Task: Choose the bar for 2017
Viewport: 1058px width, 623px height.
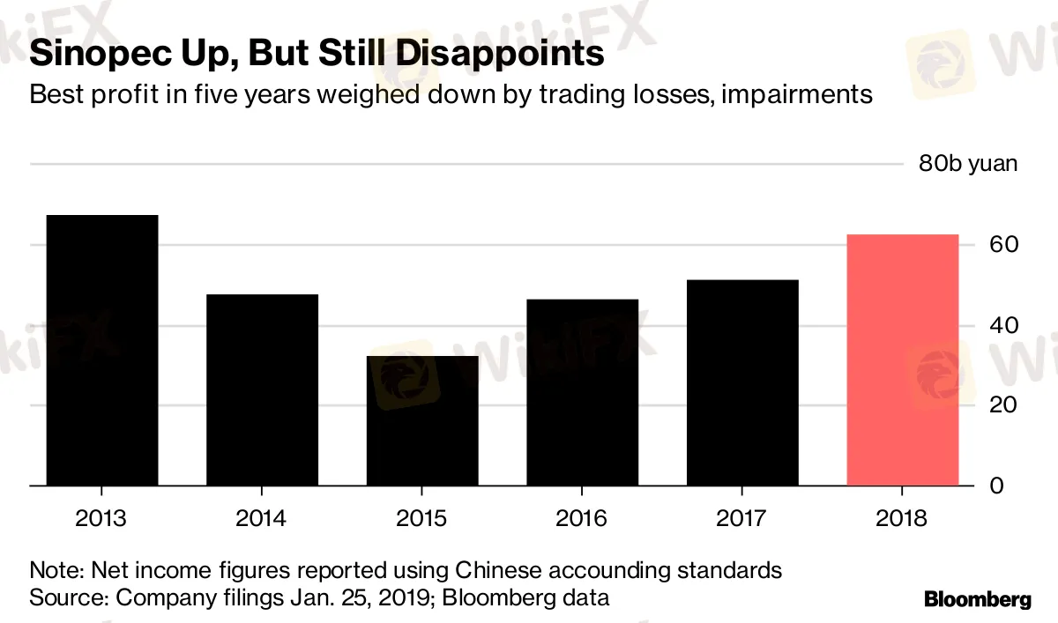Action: (742, 382)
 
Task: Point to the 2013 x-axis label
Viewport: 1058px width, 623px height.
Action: (101, 518)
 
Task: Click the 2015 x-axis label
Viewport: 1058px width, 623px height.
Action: (421, 518)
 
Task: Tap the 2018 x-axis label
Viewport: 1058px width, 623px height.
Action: (902, 518)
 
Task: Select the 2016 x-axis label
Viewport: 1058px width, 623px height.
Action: (582, 518)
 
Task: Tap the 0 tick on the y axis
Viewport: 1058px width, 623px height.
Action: (996, 486)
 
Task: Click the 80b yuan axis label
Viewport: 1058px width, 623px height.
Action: (967, 164)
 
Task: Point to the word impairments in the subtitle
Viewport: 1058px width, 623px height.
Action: (797, 94)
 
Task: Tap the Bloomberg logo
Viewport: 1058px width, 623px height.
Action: (977, 600)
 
